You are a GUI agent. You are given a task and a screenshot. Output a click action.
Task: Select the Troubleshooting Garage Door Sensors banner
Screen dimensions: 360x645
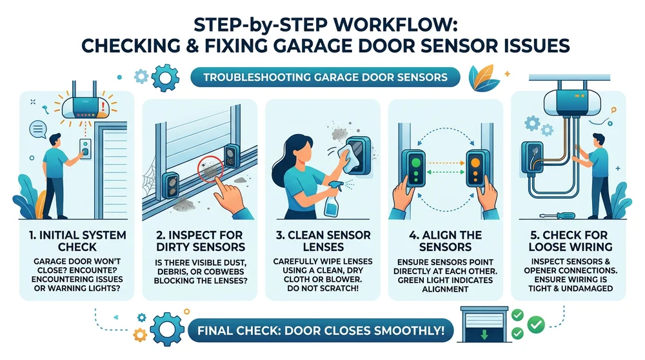322,77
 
